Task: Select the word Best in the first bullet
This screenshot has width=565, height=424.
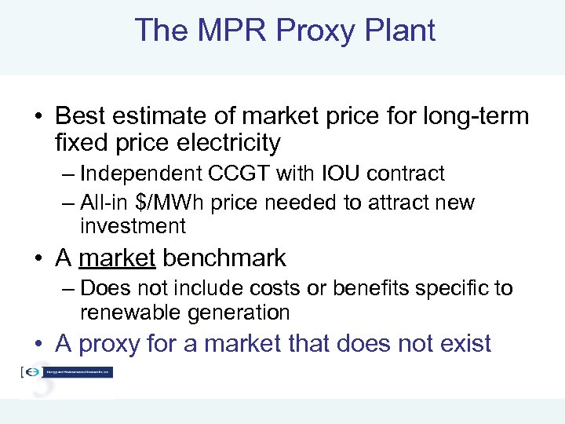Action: tap(79, 117)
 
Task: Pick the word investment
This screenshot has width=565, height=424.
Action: tap(133, 227)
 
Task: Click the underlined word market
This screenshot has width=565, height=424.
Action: tap(117, 258)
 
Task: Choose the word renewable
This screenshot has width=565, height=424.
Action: tap(131, 313)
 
